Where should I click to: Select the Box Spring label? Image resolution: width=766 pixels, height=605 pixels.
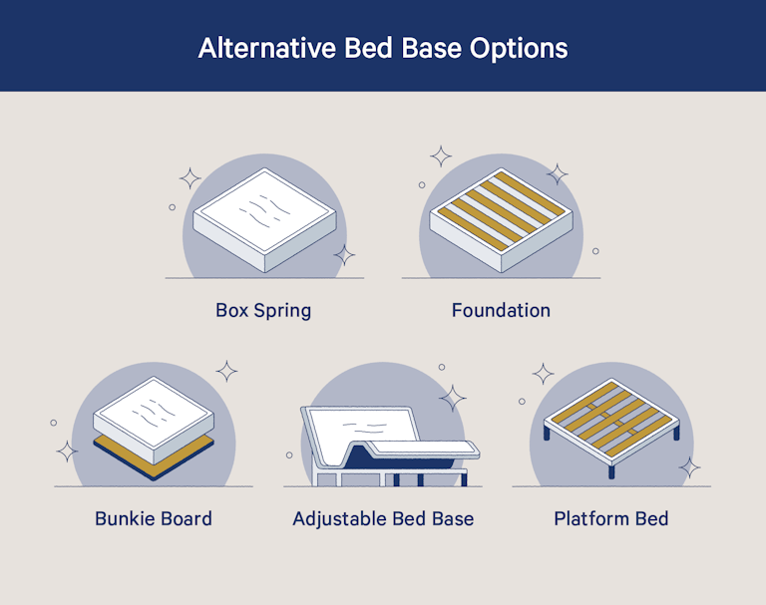[263, 310]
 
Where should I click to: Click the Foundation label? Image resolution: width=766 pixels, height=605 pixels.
[501, 310]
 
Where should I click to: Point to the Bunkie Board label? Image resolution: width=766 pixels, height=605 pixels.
[154, 518]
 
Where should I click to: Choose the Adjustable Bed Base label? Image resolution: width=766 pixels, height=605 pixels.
[383, 518]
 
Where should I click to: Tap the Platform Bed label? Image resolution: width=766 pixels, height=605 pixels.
[611, 518]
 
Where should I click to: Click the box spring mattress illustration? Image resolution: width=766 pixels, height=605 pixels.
[262, 220]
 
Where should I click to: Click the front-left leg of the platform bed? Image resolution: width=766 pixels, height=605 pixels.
[547, 435]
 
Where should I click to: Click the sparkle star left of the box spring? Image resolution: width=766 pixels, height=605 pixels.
[190, 179]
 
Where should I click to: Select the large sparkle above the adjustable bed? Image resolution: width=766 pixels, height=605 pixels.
[453, 398]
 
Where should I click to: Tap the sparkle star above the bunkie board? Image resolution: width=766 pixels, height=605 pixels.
[227, 372]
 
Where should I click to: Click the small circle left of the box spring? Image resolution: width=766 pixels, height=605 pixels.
[172, 207]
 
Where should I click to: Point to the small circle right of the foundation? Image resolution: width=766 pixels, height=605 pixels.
[595, 250]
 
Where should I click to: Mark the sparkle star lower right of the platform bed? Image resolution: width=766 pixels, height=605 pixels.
[689, 466]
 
